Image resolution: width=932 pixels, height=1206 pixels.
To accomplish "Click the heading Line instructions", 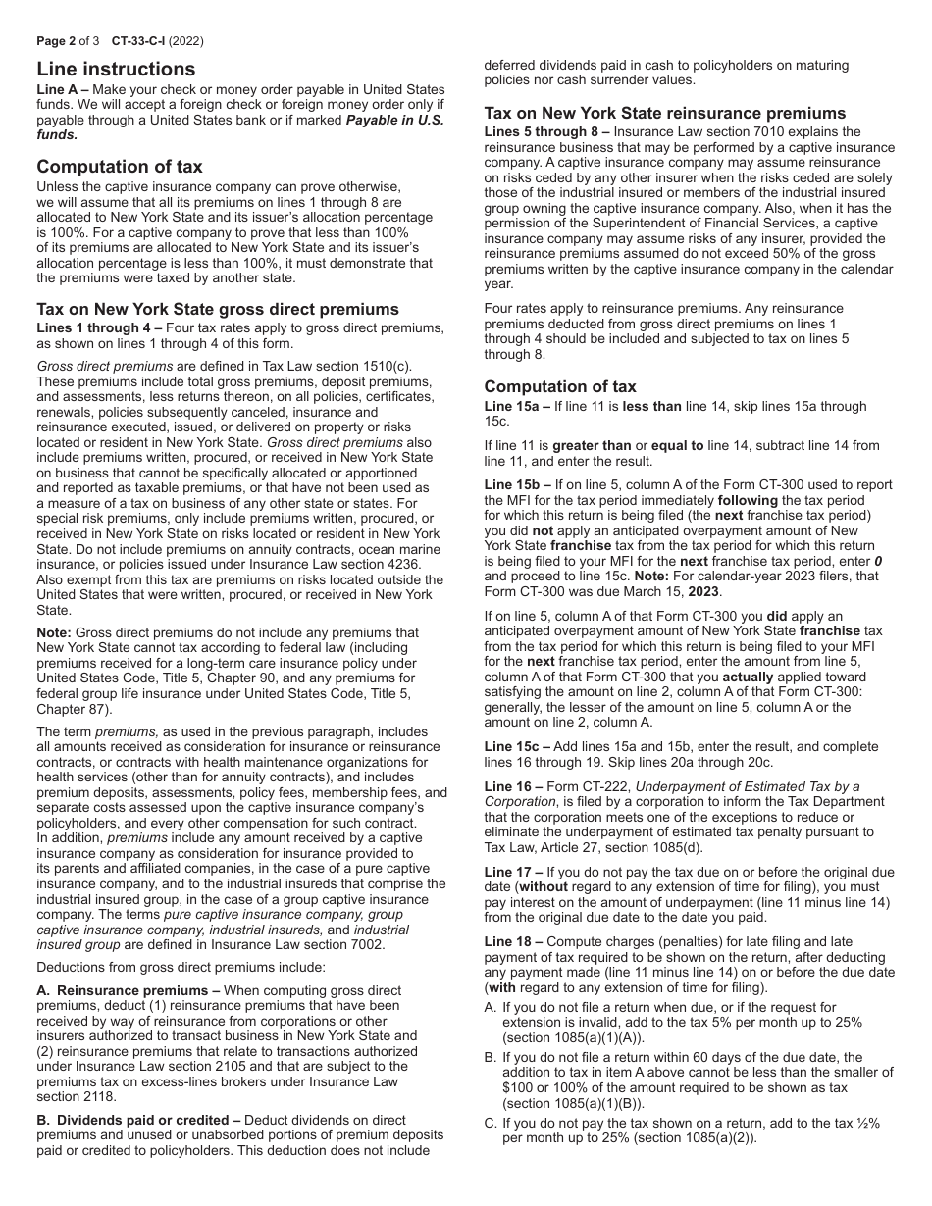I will tap(116, 70).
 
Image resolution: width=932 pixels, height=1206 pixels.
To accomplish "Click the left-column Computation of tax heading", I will tap(120, 167).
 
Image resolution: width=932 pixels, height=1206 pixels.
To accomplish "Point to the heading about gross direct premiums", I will tap(218, 310).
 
